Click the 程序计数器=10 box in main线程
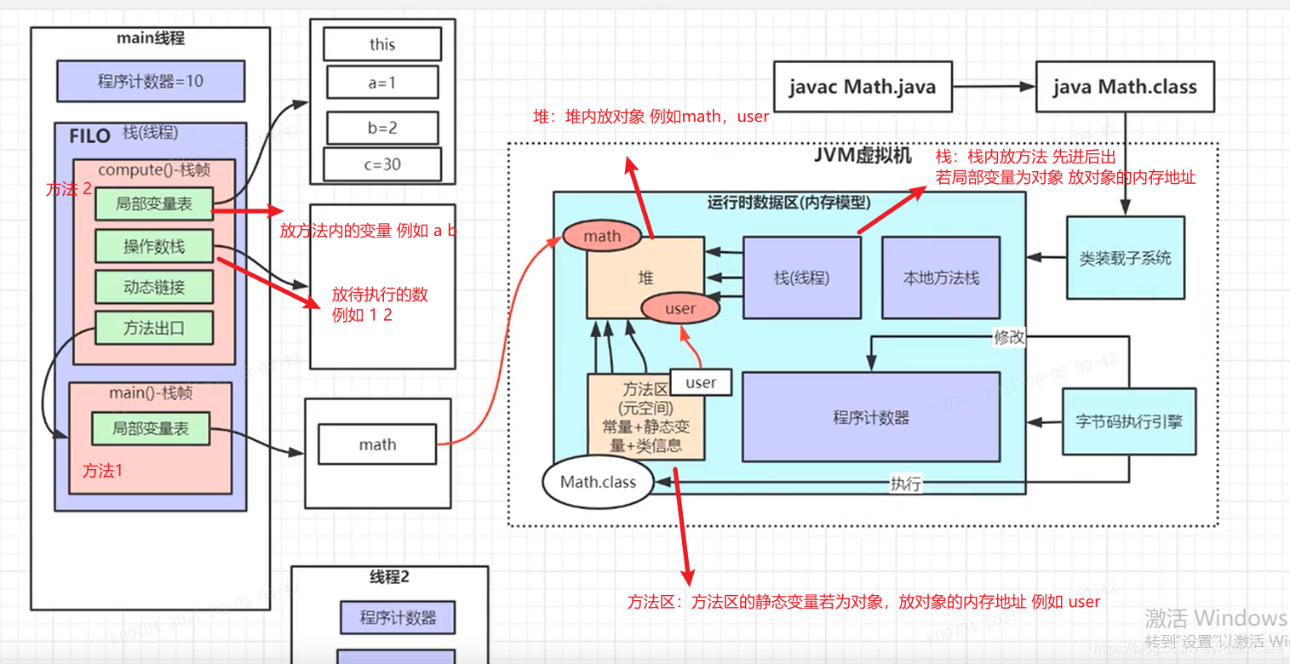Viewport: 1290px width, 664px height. coord(151,82)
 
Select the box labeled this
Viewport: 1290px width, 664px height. coord(382,44)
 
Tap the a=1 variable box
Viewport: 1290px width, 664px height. coord(382,83)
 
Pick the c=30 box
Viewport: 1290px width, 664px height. coord(382,164)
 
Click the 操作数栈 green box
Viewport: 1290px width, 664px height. coord(154,246)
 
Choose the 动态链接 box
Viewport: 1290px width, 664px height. coord(154,287)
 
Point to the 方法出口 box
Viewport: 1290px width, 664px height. coord(154,328)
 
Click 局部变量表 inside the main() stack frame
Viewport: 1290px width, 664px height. coord(151,429)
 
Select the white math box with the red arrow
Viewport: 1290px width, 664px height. coord(377,444)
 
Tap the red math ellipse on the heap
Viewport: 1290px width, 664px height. coord(602,236)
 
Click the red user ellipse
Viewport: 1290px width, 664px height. coord(679,308)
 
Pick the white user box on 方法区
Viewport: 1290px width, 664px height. coord(701,382)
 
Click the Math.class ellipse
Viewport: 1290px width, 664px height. coord(598,482)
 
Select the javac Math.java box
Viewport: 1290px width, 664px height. coord(862,87)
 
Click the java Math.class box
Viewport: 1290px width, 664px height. coord(1124,87)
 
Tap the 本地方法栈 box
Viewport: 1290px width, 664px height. coord(941,278)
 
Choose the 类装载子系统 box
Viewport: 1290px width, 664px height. coord(1125,258)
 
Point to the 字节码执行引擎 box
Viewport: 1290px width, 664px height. coord(1129,421)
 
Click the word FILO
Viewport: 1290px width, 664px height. coord(90,136)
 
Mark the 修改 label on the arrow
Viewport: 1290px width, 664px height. coord(1010,337)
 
